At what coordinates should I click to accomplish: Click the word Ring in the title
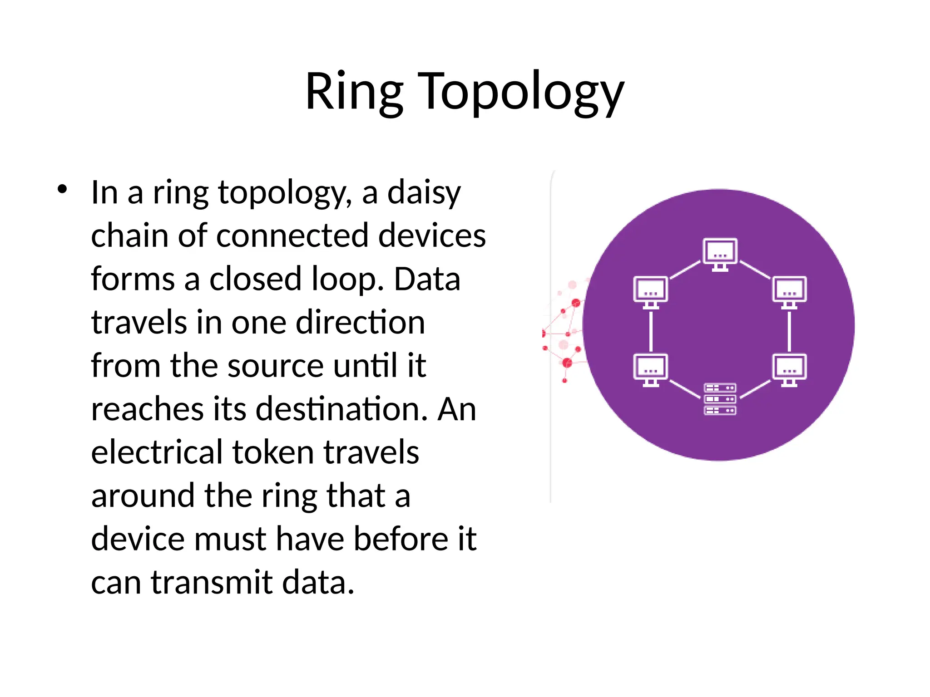[x=354, y=92]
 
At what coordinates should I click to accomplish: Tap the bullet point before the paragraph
[x=63, y=189]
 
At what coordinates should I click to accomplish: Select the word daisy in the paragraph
[x=424, y=193]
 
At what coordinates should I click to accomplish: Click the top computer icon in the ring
[x=720, y=254]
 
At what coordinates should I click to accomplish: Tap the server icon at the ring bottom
[x=720, y=399]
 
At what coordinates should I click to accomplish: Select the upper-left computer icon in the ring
[x=650, y=292]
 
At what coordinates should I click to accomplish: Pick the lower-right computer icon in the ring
[x=789, y=369]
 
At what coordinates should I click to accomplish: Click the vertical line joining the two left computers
[x=651, y=331]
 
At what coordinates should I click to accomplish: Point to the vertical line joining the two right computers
[x=789, y=331]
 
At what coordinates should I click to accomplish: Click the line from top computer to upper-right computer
[x=755, y=270]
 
